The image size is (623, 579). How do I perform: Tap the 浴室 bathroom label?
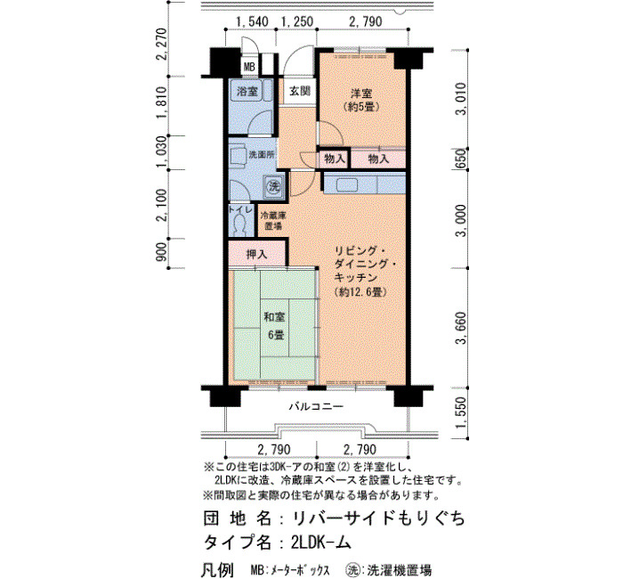pyautogui.click(x=247, y=92)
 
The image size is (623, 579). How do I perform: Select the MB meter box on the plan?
pyautogui.click(x=249, y=67)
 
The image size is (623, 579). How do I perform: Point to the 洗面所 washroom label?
pyautogui.click(x=262, y=155)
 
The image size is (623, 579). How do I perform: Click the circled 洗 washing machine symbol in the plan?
pyautogui.click(x=274, y=185)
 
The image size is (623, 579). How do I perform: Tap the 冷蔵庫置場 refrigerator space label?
pyautogui.click(x=273, y=221)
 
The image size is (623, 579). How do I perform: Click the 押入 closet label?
pyautogui.click(x=256, y=255)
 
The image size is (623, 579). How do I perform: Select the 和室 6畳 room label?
pyautogui.click(x=274, y=326)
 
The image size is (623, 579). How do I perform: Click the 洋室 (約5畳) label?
pyautogui.click(x=361, y=100)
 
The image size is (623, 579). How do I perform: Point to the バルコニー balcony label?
pyautogui.click(x=316, y=406)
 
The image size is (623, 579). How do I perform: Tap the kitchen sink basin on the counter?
pyautogui.click(x=347, y=185)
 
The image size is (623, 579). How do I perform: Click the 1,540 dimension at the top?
pyautogui.click(x=252, y=21)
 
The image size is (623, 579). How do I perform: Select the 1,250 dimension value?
pyautogui.click(x=297, y=21)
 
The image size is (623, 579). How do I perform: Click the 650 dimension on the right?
pyautogui.click(x=461, y=159)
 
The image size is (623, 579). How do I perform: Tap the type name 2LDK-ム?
pyautogui.click(x=321, y=542)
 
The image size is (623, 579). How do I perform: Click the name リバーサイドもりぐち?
pyautogui.click(x=378, y=518)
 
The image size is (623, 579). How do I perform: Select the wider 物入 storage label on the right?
pyautogui.click(x=378, y=159)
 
